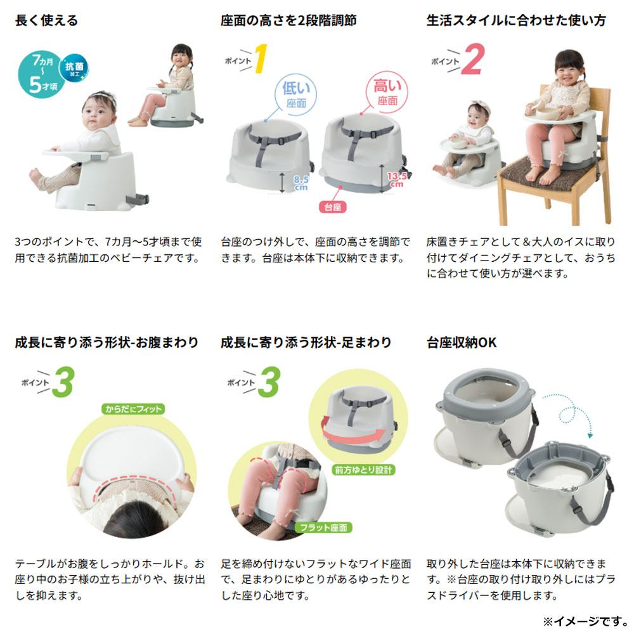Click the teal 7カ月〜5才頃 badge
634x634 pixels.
tap(41, 75)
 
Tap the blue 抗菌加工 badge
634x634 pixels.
tap(74, 68)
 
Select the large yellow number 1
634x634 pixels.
tap(260, 58)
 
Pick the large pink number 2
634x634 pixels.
tap(474, 59)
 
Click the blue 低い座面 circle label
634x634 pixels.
tap(296, 94)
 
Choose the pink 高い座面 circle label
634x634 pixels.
tap(387, 92)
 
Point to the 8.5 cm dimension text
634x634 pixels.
tap(301, 183)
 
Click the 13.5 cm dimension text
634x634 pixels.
tap(397, 179)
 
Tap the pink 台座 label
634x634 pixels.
tap(332, 207)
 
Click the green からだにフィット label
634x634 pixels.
tap(133, 409)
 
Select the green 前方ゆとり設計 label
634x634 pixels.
tap(363, 469)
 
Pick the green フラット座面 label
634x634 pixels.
tap(323, 527)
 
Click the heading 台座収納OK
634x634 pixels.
tap(462, 342)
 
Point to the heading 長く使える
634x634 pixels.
tap(46, 20)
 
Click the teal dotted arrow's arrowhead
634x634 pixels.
tap(590, 436)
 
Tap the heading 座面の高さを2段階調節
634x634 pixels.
tap(288, 20)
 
